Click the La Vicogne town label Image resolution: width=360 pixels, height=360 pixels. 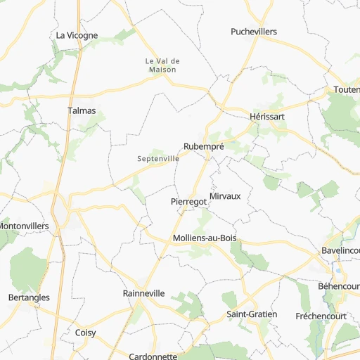click(x=77, y=35)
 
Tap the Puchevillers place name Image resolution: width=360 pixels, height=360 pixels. click(x=254, y=32)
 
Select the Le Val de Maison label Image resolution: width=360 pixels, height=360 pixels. click(x=162, y=65)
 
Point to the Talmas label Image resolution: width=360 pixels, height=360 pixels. click(x=81, y=110)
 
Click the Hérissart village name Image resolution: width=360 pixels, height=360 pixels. click(x=267, y=117)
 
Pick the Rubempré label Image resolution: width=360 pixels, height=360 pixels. click(x=203, y=146)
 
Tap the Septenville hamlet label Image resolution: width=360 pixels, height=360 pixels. click(x=157, y=160)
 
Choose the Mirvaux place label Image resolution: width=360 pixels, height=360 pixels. click(x=225, y=196)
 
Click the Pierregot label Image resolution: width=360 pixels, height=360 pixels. click(x=189, y=202)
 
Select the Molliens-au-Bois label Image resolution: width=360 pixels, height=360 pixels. click(x=205, y=238)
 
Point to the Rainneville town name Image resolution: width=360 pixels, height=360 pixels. click(x=143, y=293)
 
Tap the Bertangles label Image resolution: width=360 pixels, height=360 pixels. click(x=27, y=297)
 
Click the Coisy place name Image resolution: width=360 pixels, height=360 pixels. click(x=85, y=332)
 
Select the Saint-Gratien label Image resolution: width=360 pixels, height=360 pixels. click(x=252, y=314)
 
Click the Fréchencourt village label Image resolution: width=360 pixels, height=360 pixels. click(x=321, y=316)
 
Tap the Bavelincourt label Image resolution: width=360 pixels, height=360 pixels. click(x=340, y=250)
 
